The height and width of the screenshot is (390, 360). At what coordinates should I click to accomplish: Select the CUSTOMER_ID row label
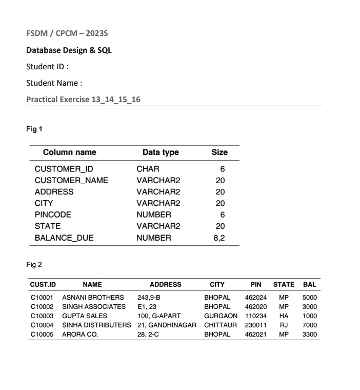click(64, 169)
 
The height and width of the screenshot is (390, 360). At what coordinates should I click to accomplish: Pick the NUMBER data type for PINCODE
click(154, 215)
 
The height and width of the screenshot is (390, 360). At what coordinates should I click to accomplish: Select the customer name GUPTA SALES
click(85, 316)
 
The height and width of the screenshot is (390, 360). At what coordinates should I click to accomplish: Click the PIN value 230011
click(255, 325)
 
